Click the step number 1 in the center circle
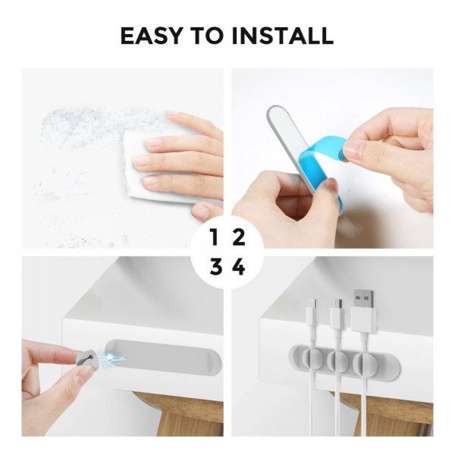[x=215, y=237]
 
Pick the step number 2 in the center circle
[x=239, y=237]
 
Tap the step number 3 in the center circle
[x=215, y=268]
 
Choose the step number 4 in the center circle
[x=239, y=268]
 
